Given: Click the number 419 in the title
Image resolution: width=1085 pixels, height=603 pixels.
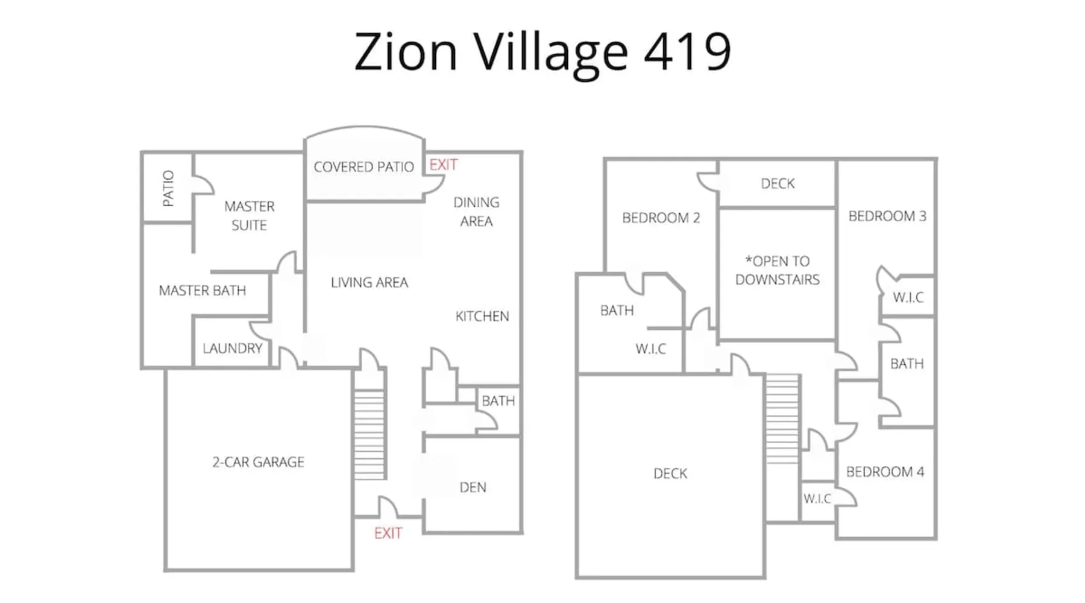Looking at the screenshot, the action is point(687,51).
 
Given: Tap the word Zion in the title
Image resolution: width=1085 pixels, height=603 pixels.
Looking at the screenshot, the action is point(406,51).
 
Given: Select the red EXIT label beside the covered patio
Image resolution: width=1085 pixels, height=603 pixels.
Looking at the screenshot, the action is point(444,165).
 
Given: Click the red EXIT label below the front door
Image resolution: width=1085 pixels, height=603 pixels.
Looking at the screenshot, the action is point(388,533).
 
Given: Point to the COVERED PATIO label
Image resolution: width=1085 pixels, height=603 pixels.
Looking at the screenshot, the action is point(363,167).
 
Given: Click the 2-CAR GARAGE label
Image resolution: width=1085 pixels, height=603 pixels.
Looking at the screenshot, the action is point(258,462).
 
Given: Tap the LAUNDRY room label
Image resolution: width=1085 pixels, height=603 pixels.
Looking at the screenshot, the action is point(233,349).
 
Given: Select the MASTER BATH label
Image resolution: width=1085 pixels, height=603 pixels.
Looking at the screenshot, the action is point(203,291).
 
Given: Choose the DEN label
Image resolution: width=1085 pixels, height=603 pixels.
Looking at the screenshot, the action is point(473,487).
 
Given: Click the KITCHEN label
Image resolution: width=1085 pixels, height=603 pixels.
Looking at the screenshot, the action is point(482,317).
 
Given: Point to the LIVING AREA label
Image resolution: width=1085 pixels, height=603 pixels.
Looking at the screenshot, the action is point(370,282).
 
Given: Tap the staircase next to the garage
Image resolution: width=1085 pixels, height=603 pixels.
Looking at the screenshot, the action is point(369,434).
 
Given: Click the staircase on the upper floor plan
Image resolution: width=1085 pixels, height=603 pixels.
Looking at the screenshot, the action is point(782,418).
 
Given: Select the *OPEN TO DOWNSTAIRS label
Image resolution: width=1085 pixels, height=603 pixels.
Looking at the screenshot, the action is point(778,270).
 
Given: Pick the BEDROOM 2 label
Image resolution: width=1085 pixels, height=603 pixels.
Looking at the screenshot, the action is point(661,218).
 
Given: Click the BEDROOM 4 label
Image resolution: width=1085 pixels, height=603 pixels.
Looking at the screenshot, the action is point(885,472).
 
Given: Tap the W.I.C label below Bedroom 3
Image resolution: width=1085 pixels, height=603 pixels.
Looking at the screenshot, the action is point(908,297).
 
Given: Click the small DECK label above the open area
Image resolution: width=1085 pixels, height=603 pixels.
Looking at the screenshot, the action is point(778,183).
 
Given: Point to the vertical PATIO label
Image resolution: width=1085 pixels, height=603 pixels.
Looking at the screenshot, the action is point(169,189).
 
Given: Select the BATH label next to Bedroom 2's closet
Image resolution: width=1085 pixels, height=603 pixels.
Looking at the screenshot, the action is point(617,311).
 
